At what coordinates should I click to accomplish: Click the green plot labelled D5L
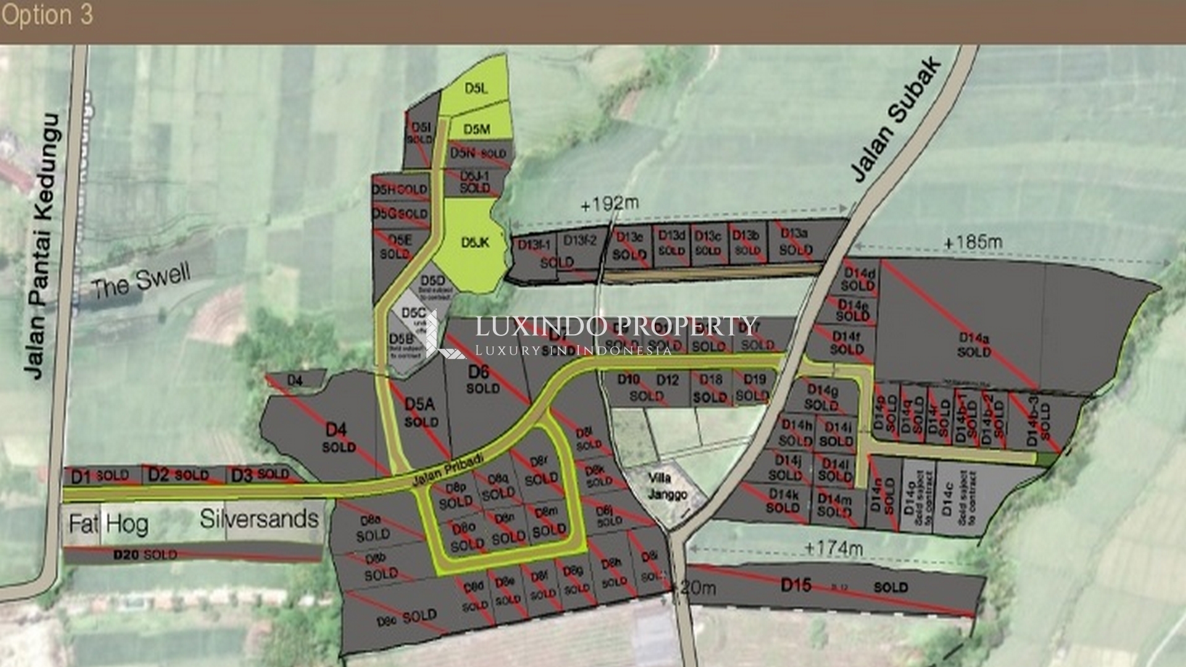pyautogui.click(x=476, y=88)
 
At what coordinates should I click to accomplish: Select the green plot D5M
pyautogui.click(x=477, y=129)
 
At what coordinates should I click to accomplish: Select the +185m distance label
pyautogui.click(x=972, y=242)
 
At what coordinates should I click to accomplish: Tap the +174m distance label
pyautogui.click(x=834, y=548)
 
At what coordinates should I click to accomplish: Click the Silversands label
pyautogui.click(x=259, y=519)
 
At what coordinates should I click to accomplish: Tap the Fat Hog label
pyautogui.click(x=108, y=524)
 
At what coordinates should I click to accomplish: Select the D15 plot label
pyautogui.click(x=796, y=584)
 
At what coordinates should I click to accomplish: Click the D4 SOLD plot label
pyautogui.click(x=338, y=437)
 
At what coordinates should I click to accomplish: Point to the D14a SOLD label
pyautogui.click(x=974, y=345)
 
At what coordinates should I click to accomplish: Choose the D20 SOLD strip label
pyautogui.click(x=145, y=555)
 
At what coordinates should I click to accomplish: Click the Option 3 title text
pyautogui.click(x=47, y=15)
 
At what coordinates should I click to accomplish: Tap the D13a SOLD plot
pyautogui.click(x=795, y=241)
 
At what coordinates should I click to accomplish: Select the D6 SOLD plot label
pyautogui.click(x=482, y=379)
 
